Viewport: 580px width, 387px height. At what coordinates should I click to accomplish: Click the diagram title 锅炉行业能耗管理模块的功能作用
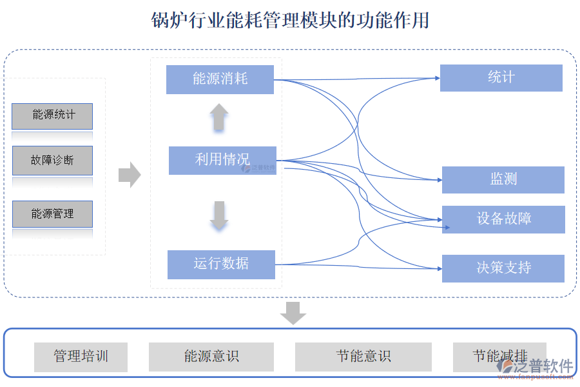[290, 21]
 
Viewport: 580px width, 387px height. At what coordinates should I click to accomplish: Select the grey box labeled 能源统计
[52, 116]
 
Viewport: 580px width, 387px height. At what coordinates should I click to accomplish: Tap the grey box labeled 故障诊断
[52, 161]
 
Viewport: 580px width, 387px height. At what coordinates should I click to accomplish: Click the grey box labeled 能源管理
[52, 213]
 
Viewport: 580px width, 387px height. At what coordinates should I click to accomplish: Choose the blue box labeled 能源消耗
[220, 79]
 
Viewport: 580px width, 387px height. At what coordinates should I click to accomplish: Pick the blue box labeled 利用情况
[222, 160]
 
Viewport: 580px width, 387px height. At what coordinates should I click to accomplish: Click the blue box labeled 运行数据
[221, 264]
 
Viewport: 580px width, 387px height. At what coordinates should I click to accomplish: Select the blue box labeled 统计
[501, 78]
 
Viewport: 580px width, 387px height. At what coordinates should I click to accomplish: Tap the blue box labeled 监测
[503, 180]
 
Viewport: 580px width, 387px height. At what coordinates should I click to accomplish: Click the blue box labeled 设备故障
[503, 219]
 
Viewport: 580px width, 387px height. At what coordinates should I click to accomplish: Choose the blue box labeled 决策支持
[503, 268]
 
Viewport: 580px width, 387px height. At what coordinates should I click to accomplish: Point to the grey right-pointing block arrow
[130, 175]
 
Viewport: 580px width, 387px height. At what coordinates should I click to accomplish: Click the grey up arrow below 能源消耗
[219, 117]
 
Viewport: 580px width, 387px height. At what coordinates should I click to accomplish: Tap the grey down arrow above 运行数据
[219, 215]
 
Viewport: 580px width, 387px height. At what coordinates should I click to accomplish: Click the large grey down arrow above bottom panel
[293, 313]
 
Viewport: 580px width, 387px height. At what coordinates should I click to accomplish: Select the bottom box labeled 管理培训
[81, 357]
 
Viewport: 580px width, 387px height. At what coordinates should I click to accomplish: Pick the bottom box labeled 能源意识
[211, 357]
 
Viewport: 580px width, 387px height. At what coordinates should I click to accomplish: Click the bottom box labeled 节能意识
[363, 357]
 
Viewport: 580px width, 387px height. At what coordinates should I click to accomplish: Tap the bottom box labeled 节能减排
[499, 356]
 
